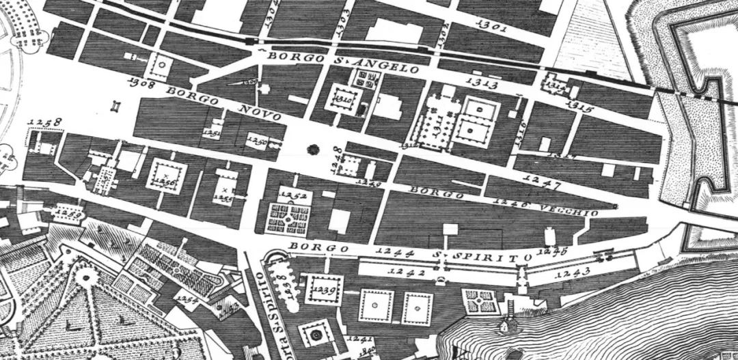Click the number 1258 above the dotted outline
tap(45, 124)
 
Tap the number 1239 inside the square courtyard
tap(323, 290)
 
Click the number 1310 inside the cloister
tap(342, 103)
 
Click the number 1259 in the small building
tap(66, 212)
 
